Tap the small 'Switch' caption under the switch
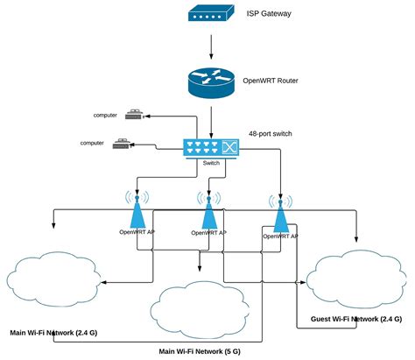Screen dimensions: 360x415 pyautogui.click(x=211, y=164)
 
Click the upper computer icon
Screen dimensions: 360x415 pyautogui.click(x=134, y=114)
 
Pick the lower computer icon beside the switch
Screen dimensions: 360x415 pyautogui.click(x=123, y=144)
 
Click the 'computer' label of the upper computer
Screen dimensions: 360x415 pyautogui.click(x=106, y=115)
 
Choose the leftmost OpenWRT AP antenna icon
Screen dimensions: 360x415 pyautogui.click(x=137, y=210)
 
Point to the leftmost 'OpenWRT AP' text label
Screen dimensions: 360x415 pyautogui.click(x=137, y=232)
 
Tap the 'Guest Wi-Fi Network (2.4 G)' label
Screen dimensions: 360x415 pyautogui.click(x=356, y=319)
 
